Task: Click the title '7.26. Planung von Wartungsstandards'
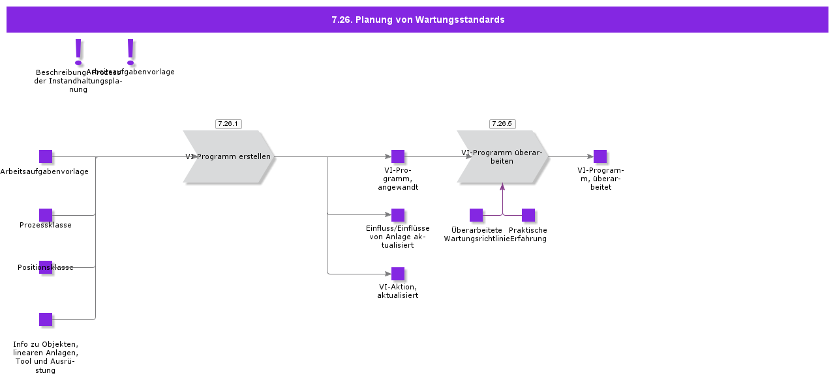tap(417, 20)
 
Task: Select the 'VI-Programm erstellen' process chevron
tap(228, 156)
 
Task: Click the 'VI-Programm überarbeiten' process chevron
tap(502, 156)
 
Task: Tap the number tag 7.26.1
tap(228, 124)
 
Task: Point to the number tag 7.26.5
tap(502, 124)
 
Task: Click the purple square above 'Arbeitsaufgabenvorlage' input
tap(46, 156)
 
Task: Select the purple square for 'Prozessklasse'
tap(46, 215)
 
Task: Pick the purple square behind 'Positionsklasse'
tap(46, 267)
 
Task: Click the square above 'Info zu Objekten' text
tap(46, 319)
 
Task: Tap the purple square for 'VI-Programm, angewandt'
tap(398, 156)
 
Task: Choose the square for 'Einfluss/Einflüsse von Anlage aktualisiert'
tap(398, 215)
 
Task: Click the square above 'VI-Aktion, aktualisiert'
tap(398, 274)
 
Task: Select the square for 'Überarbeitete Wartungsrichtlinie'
tap(476, 215)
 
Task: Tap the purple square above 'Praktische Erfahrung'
tap(528, 215)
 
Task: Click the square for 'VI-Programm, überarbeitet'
tap(600, 156)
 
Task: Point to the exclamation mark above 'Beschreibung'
tap(78, 51)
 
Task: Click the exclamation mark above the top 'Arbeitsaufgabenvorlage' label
tap(130, 51)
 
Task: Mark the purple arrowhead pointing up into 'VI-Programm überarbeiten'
tap(502, 187)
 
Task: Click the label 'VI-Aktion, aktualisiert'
tap(398, 291)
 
